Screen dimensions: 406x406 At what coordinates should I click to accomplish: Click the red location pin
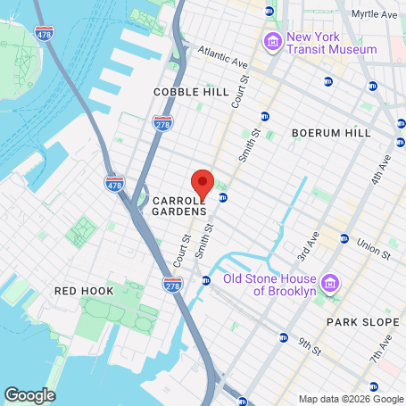coord(203,182)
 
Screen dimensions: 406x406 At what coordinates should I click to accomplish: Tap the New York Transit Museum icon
coord(271,41)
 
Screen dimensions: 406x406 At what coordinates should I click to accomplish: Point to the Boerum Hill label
coord(331,133)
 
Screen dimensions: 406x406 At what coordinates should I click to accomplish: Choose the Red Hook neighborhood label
coord(84,291)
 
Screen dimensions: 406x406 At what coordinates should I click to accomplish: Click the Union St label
coord(373,247)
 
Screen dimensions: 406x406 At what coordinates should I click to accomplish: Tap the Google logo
coord(29,394)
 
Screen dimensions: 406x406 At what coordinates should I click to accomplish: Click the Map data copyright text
coord(350,399)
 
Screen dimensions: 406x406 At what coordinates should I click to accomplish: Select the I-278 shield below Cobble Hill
coord(162,122)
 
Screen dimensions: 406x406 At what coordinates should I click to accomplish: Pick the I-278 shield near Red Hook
coord(173,284)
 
